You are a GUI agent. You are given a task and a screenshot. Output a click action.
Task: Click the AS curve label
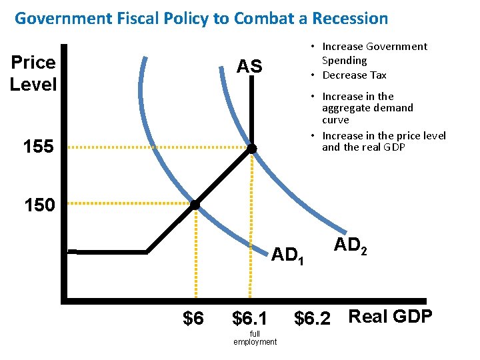click(x=249, y=67)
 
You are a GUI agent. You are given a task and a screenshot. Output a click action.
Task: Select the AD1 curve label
click(x=287, y=255)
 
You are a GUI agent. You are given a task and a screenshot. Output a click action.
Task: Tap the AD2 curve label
click(x=351, y=245)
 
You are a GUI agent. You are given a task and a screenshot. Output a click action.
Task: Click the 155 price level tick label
click(x=38, y=147)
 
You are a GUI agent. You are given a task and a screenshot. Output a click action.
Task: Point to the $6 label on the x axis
click(x=193, y=319)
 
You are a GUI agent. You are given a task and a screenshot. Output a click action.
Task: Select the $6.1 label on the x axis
click(x=249, y=319)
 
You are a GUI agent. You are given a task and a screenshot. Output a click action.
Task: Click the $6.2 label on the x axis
click(x=312, y=319)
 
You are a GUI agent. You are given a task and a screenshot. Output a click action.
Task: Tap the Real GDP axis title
click(x=390, y=316)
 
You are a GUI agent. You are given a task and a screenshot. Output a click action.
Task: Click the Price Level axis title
click(x=33, y=73)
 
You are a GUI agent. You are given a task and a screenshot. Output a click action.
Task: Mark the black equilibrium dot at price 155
click(x=252, y=148)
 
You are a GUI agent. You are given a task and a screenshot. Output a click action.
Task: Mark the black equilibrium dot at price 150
click(x=195, y=205)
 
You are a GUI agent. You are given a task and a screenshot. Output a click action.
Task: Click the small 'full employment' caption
click(x=255, y=338)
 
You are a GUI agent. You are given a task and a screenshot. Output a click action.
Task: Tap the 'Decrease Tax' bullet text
click(x=354, y=75)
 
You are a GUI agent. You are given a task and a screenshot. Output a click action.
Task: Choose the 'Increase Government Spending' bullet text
click(x=373, y=53)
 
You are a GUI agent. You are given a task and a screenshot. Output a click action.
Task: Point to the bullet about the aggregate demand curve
click(x=367, y=108)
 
